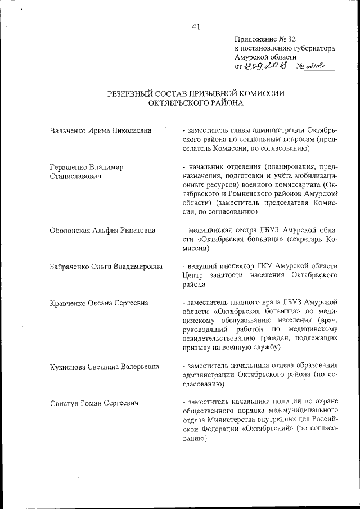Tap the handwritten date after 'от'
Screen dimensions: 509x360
264,66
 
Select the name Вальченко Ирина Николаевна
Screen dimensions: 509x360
100,130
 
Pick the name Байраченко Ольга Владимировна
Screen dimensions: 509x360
106,266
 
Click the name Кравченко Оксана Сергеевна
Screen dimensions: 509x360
98,303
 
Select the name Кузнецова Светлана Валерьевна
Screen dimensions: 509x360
104,367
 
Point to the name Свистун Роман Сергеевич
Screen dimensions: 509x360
94,403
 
